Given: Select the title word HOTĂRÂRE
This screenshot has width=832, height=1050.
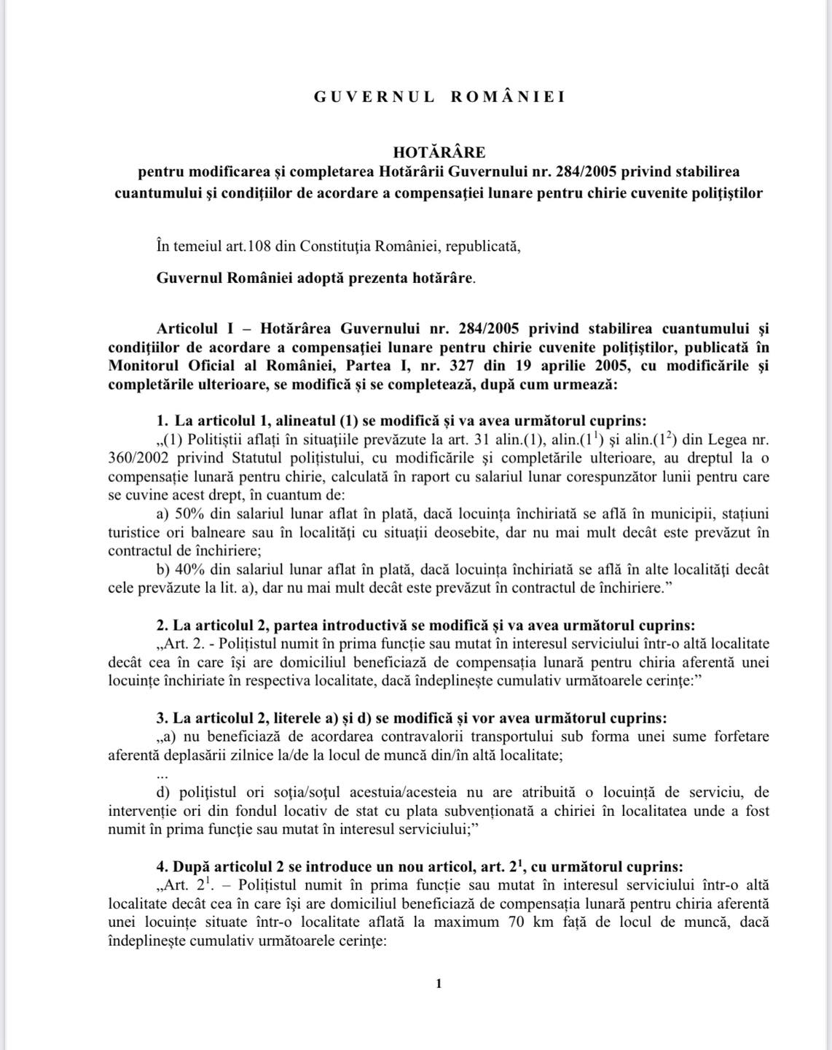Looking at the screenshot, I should [x=439, y=152].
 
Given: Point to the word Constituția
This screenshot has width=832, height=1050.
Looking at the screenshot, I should [x=335, y=246].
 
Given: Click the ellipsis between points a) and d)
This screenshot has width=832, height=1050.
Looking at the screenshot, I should [x=162, y=775].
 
